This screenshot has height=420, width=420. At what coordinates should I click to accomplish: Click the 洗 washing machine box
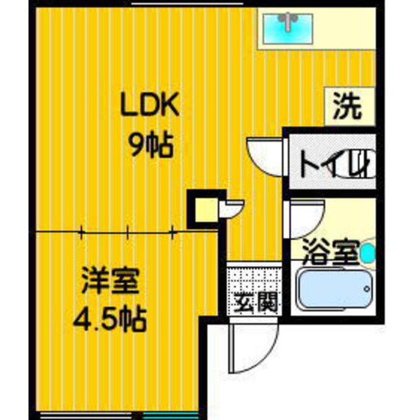click(x=349, y=107)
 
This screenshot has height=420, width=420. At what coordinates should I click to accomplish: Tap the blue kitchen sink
click(x=288, y=29)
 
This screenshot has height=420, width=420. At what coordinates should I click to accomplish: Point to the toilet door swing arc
click(x=264, y=155)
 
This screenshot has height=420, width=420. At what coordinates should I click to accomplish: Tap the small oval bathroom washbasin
click(x=367, y=253)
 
